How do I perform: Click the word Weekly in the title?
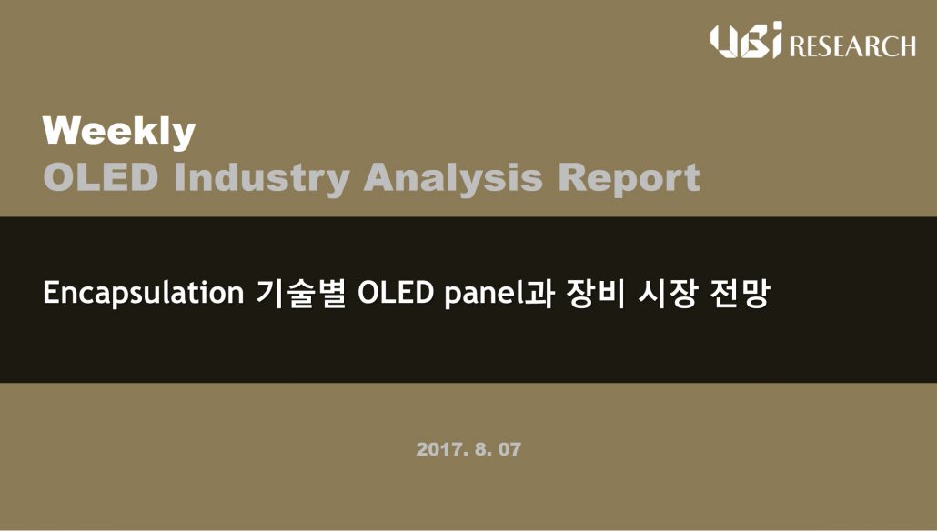click(x=119, y=132)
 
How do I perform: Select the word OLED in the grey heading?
click(x=101, y=177)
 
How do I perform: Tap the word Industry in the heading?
click(x=262, y=178)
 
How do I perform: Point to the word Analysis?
click(x=453, y=178)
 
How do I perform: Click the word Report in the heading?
click(x=629, y=178)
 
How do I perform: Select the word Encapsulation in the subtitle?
click(x=144, y=294)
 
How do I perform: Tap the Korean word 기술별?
click(x=300, y=294)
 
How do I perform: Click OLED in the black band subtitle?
click(x=395, y=293)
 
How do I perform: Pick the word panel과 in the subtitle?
click(x=499, y=294)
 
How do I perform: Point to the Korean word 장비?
click(x=595, y=294)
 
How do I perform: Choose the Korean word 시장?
click(x=666, y=294)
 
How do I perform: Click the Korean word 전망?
click(x=740, y=294)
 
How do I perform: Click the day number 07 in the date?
click(x=509, y=449)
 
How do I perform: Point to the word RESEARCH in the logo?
click(x=852, y=46)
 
